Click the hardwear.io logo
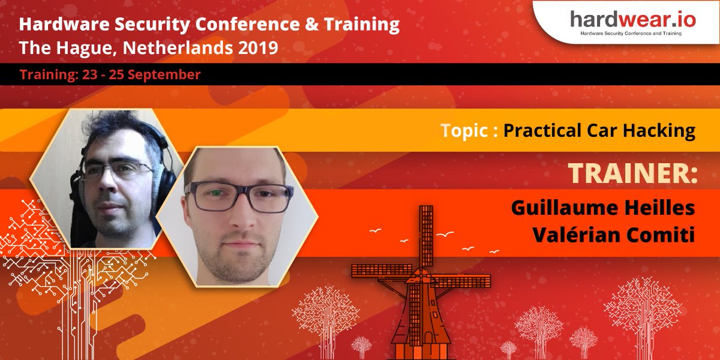(x=633, y=19)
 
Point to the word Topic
(x=464, y=130)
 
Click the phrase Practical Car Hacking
(x=599, y=130)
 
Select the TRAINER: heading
(x=632, y=173)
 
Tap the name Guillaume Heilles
(x=603, y=208)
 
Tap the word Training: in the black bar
(x=44, y=75)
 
